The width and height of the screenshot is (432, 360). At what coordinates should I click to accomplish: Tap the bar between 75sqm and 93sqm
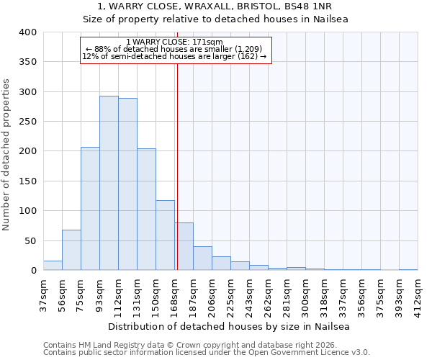click(x=90, y=209)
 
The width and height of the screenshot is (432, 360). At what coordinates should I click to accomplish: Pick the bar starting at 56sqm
click(x=71, y=250)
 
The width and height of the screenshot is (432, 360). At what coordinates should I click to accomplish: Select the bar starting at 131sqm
click(x=146, y=210)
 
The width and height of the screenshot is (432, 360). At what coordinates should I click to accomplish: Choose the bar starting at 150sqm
click(x=165, y=235)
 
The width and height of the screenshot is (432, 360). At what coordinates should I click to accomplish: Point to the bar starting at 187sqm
click(x=202, y=258)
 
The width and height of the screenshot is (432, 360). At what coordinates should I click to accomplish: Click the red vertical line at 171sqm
click(x=177, y=166)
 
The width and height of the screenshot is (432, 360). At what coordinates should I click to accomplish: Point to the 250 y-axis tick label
click(x=27, y=122)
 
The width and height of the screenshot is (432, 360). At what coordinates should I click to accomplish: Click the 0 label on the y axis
click(x=33, y=271)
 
